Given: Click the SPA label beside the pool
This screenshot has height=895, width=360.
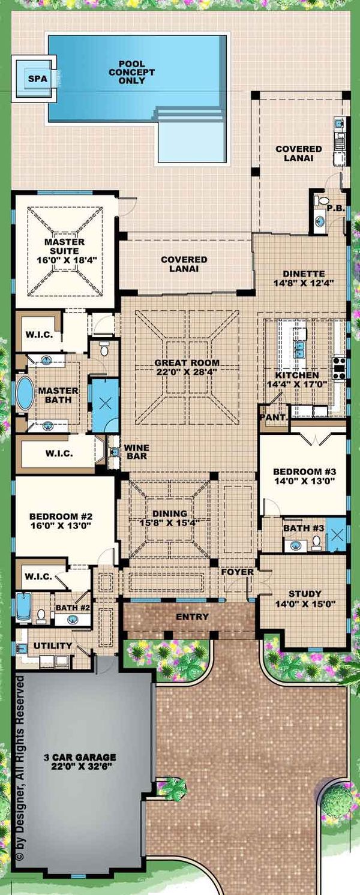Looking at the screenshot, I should pos(33,78).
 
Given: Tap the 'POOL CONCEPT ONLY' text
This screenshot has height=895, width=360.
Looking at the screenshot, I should pos(136,72).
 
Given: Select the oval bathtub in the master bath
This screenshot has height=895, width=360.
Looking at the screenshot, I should pos(25,394).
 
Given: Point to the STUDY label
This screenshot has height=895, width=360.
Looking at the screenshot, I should pos(304,593).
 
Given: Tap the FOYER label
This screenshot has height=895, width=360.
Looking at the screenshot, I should pos(237,572).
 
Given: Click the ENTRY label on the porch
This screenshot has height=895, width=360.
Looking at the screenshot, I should pos(192,617).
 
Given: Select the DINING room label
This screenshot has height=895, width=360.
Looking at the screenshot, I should pos(170,513).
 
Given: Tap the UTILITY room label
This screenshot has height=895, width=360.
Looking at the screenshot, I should pos(53,645).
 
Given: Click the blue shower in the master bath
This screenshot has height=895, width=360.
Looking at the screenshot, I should pos(105,403).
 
